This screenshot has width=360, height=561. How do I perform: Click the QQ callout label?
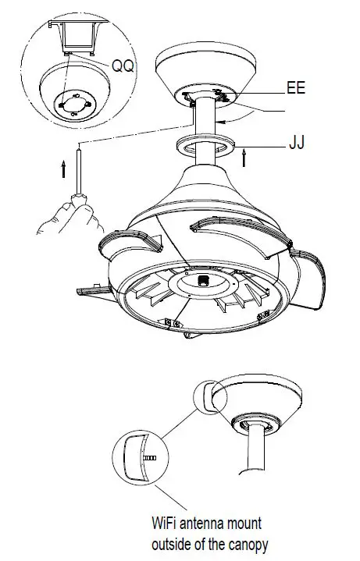[123, 67]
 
